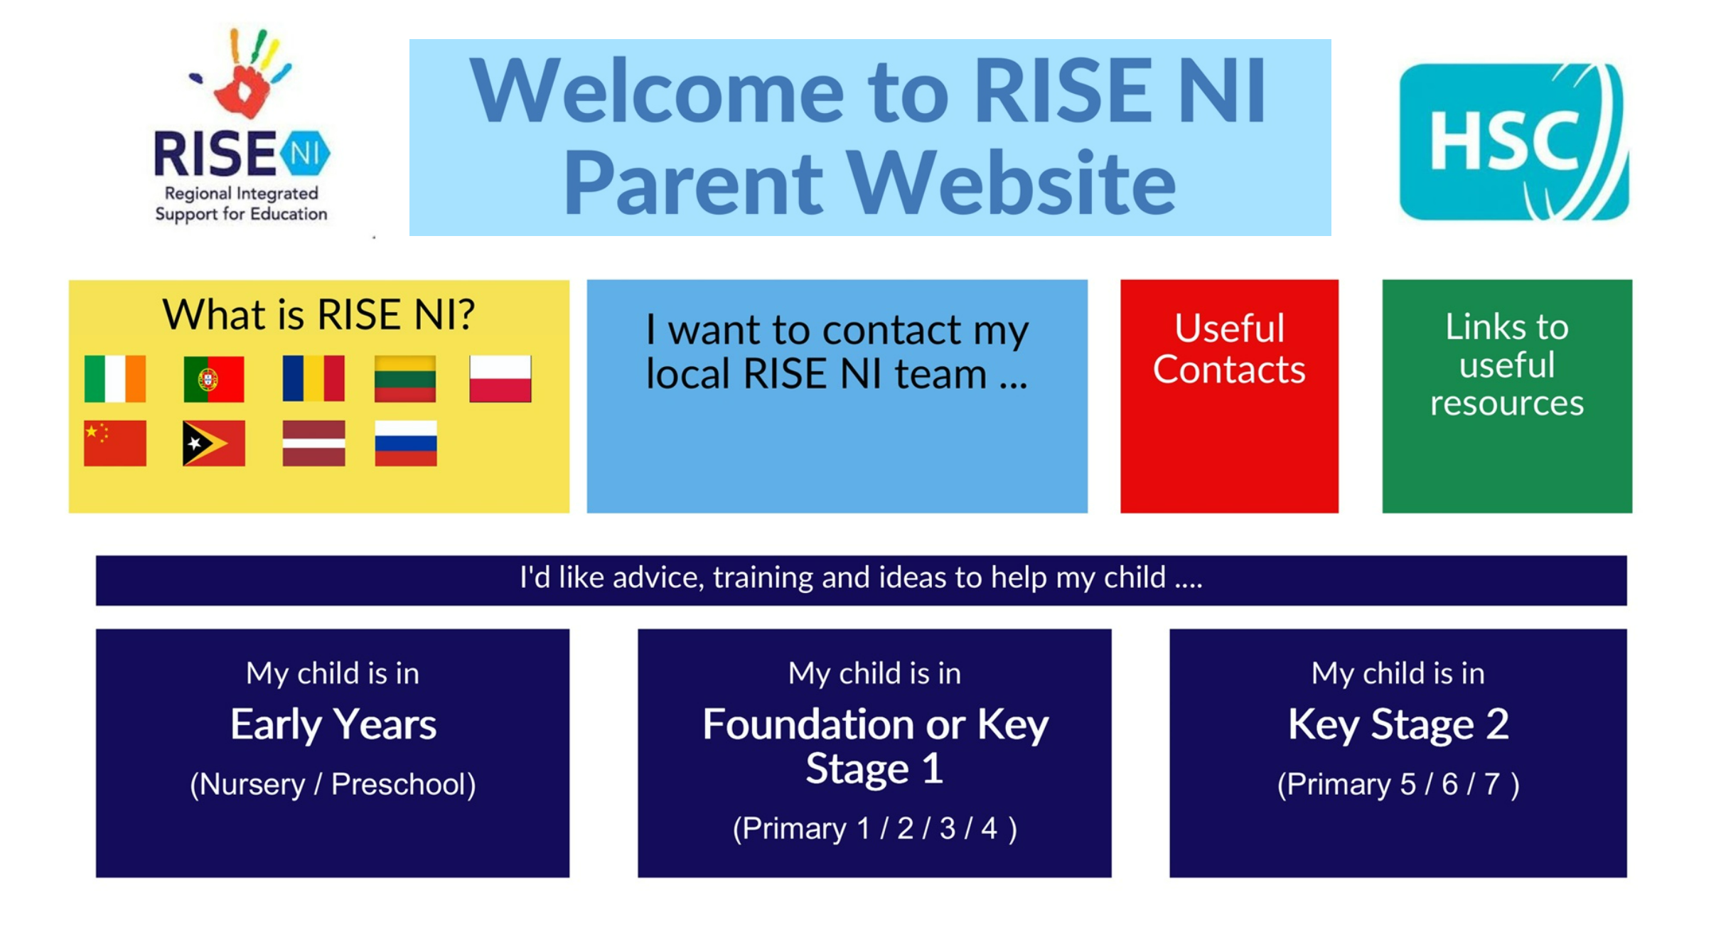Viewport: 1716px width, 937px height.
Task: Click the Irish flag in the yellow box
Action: (114, 379)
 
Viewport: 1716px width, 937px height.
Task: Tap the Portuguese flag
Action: (213, 379)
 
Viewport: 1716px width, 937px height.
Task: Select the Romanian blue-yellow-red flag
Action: (313, 379)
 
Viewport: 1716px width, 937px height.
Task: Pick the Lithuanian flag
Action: (405, 379)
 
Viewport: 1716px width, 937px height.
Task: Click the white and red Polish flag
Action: (500, 379)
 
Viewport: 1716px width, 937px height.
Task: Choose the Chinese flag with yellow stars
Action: (114, 443)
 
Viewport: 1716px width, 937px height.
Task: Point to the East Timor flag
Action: (213, 443)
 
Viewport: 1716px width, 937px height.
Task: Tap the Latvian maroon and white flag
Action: (313, 443)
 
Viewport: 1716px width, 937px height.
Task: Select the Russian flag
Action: (406, 443)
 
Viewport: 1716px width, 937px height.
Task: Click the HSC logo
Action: (1514, 142)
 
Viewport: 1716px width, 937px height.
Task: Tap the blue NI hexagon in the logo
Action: (305, 153)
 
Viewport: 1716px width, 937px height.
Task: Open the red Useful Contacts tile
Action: (1229, 396)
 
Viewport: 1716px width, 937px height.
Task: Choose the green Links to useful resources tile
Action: (1507, 396)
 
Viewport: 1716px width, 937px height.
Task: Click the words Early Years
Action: (333, 725)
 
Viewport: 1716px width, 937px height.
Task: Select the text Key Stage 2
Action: (1398, 725)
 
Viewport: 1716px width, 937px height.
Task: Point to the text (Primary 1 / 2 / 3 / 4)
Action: (875, 829)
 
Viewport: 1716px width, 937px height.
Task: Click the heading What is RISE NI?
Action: (318, 314)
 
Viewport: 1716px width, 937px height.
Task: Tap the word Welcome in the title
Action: (658, 91)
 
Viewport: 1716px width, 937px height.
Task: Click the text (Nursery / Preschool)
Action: (333, 785)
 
